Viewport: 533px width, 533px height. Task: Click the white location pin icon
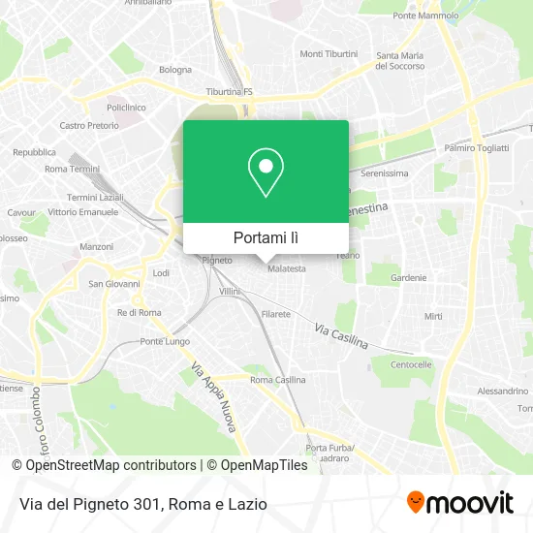click(266, 172)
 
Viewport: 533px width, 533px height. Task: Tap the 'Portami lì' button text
click(266, 236)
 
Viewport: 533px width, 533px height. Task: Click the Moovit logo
click(460, 503)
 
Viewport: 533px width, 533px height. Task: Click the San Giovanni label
click(114, 284)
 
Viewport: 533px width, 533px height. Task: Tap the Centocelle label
click(410, 365)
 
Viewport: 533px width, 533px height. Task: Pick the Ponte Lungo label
click(165, 341)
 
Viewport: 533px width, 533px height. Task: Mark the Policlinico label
click(125, 107)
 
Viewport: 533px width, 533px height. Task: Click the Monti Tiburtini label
click(329, 53)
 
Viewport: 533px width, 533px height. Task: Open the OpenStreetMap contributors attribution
click(110, 465)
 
